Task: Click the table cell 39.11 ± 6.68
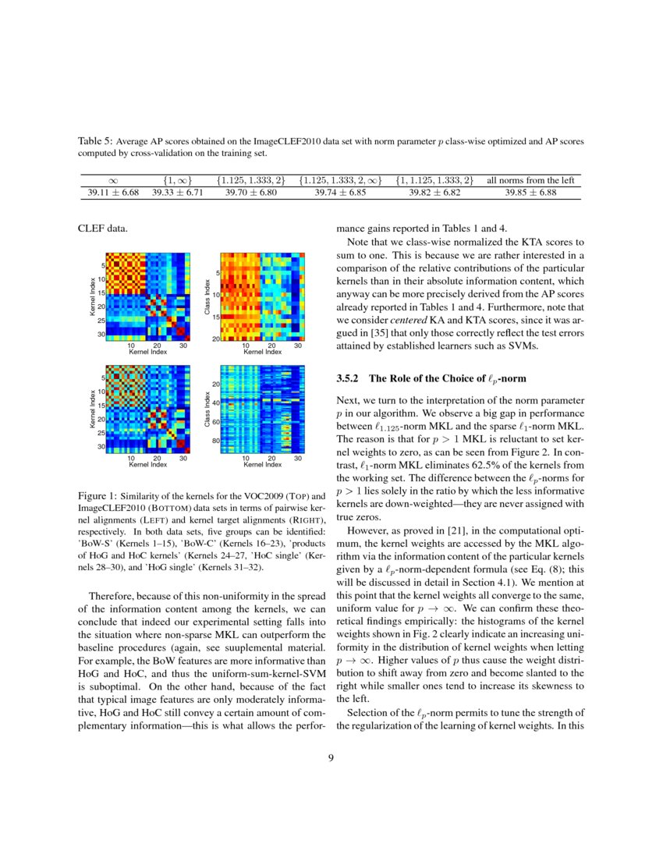[x=113, y=193]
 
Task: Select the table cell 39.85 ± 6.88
[x=530, y=193]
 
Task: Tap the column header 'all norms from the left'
[x=530, y=181]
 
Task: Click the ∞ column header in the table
[x=113, y=181]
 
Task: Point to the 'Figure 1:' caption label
[x=99, y=496]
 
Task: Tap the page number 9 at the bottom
[x=331, y=757]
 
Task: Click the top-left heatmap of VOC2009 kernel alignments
[x=147, y=296]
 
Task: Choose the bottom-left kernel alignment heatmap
[x=147, y=409]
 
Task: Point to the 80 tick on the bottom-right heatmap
[x=215, y=441]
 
